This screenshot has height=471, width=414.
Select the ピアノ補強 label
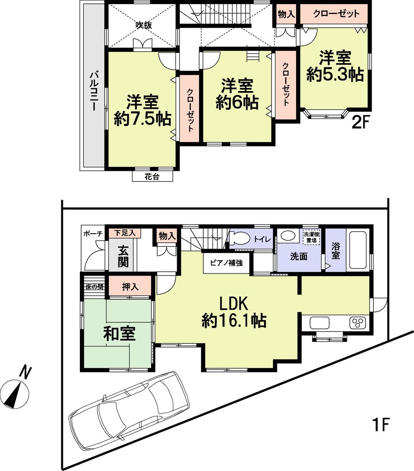[x=226, y=263]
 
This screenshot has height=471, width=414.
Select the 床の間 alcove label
[x=94, y=287]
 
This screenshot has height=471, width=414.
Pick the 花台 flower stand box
[x=152, y=177]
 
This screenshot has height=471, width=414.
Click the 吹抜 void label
[x=144, y=25]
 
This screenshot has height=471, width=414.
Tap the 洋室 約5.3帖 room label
[x=335, y=67]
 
